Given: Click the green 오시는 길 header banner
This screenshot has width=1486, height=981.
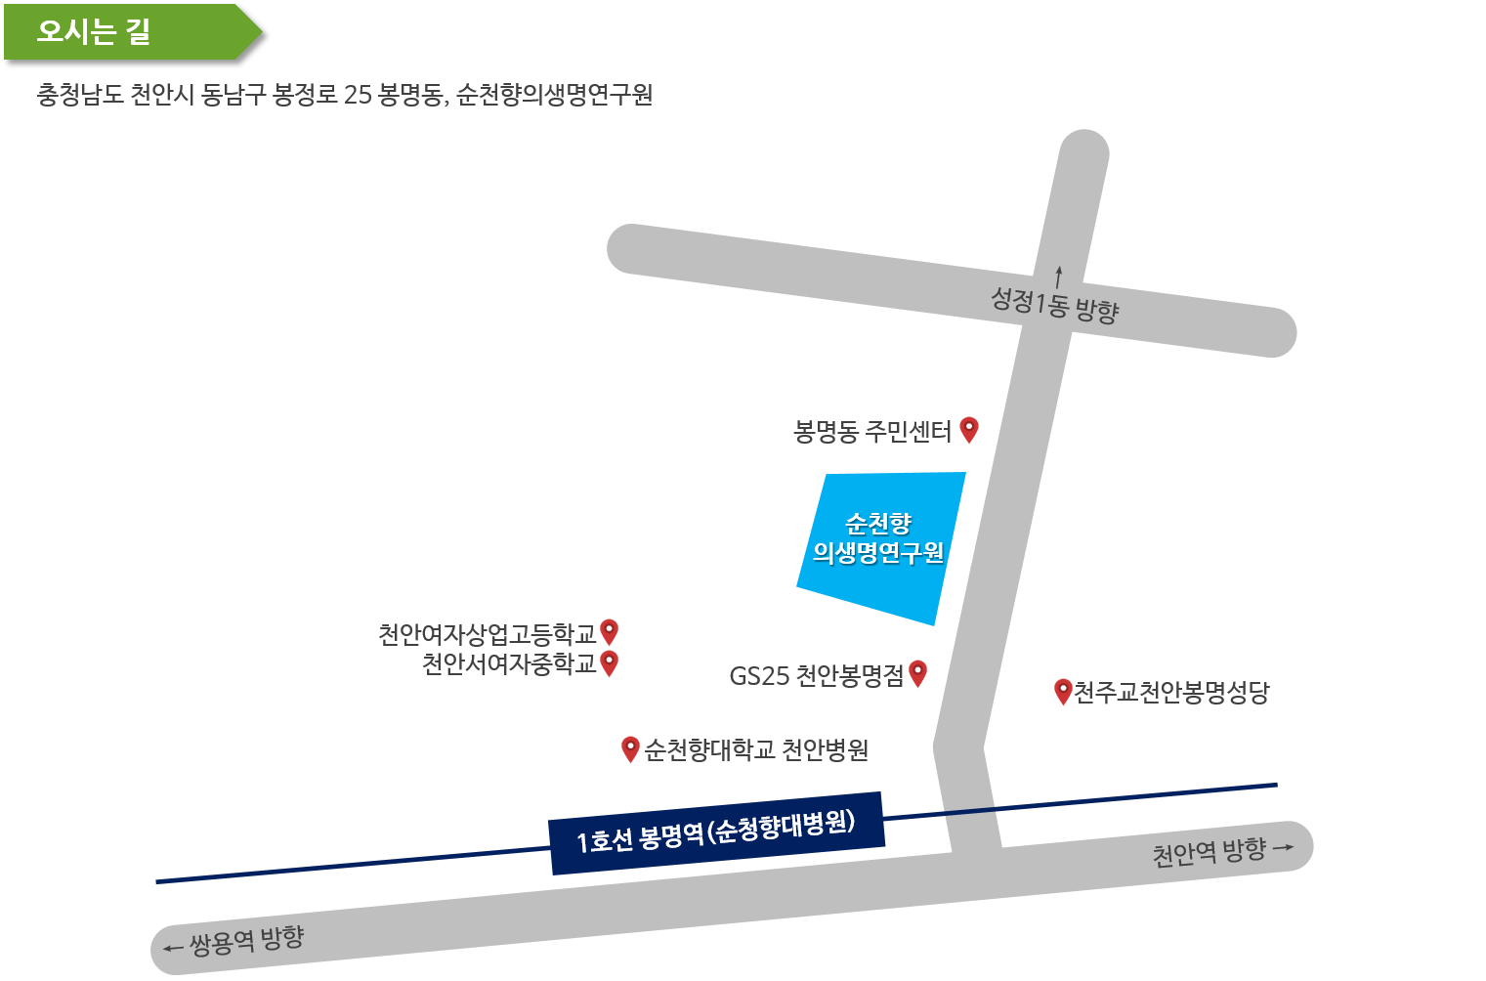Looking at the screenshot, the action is [x=133, y=32].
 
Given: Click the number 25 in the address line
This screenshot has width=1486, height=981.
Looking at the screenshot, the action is [x=358, y=95].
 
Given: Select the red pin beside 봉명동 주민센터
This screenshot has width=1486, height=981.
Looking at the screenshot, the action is [x=969, y=430].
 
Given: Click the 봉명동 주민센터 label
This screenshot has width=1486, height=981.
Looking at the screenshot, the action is [x=872, y=432].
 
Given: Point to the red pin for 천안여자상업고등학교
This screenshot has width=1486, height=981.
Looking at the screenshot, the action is [x=609, y=632].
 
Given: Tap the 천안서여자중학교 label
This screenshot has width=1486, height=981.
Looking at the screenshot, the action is [x=509, y=664].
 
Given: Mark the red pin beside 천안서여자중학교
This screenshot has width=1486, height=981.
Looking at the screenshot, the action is [x=609, y=663].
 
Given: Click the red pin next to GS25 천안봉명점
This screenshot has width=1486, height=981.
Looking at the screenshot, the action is [x=917, y=674].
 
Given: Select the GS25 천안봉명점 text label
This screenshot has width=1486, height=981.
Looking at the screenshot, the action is [x=817, y=676].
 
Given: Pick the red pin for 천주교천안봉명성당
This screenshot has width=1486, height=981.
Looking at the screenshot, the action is [x=1063, y=692].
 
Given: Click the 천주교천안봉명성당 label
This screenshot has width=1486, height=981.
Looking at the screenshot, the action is [x=1171, y=693].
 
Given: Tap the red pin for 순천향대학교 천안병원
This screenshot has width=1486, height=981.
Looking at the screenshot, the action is [x=630, y=749].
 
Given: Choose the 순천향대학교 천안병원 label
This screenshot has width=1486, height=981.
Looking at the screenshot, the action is [x=756, y=750].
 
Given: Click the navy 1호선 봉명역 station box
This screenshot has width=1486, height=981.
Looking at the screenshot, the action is [x=716, y=833].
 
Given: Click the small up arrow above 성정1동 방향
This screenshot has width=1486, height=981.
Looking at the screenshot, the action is [x=1059, y=277].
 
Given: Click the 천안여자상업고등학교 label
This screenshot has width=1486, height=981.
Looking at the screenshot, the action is [x=487, y=634].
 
